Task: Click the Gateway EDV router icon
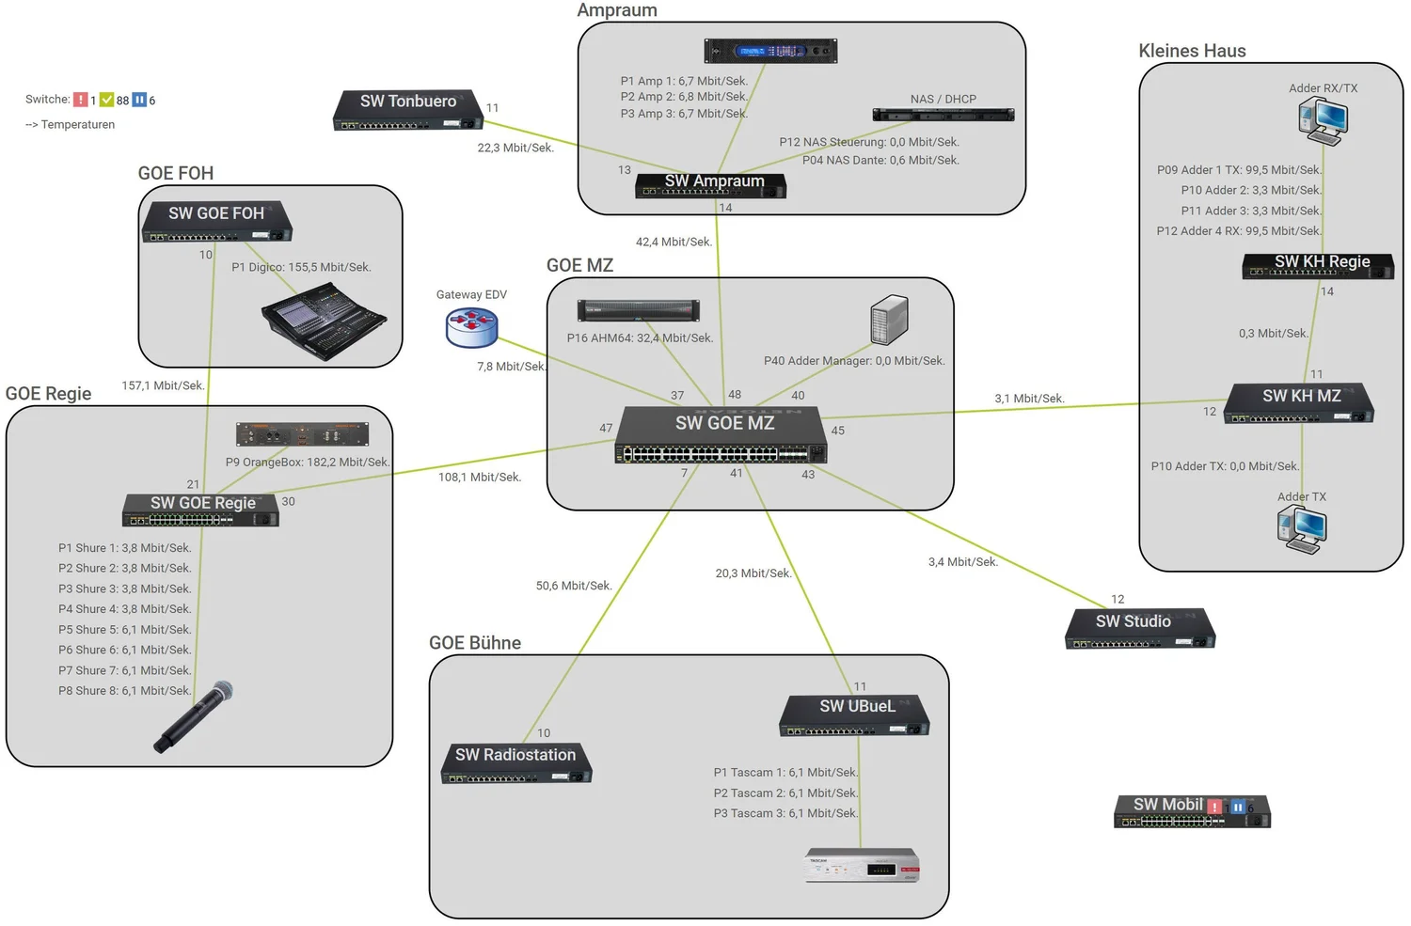pos(471,327)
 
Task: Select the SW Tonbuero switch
pos(407,110)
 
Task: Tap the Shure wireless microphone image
pos(194,716)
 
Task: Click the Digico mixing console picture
pos(324,322)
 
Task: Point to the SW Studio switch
pos(1140,629)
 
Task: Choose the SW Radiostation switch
pos(515,762)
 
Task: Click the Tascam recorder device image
pos(862,866)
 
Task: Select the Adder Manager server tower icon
pos(889,320)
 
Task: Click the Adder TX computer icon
pos(1302,529)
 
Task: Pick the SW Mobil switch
pos(1191,811)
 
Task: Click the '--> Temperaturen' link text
pos(71,125)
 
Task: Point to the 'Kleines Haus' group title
pos(1192,51)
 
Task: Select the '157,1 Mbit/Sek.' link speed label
pos(163,385)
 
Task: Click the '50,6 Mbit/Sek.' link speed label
pos(574,586)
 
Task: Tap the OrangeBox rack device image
pos(302,433)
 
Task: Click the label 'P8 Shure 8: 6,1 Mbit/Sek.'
pos(125,691)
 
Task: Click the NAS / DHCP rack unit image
pos(943,115)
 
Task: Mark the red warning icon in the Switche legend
pos(81,100)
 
